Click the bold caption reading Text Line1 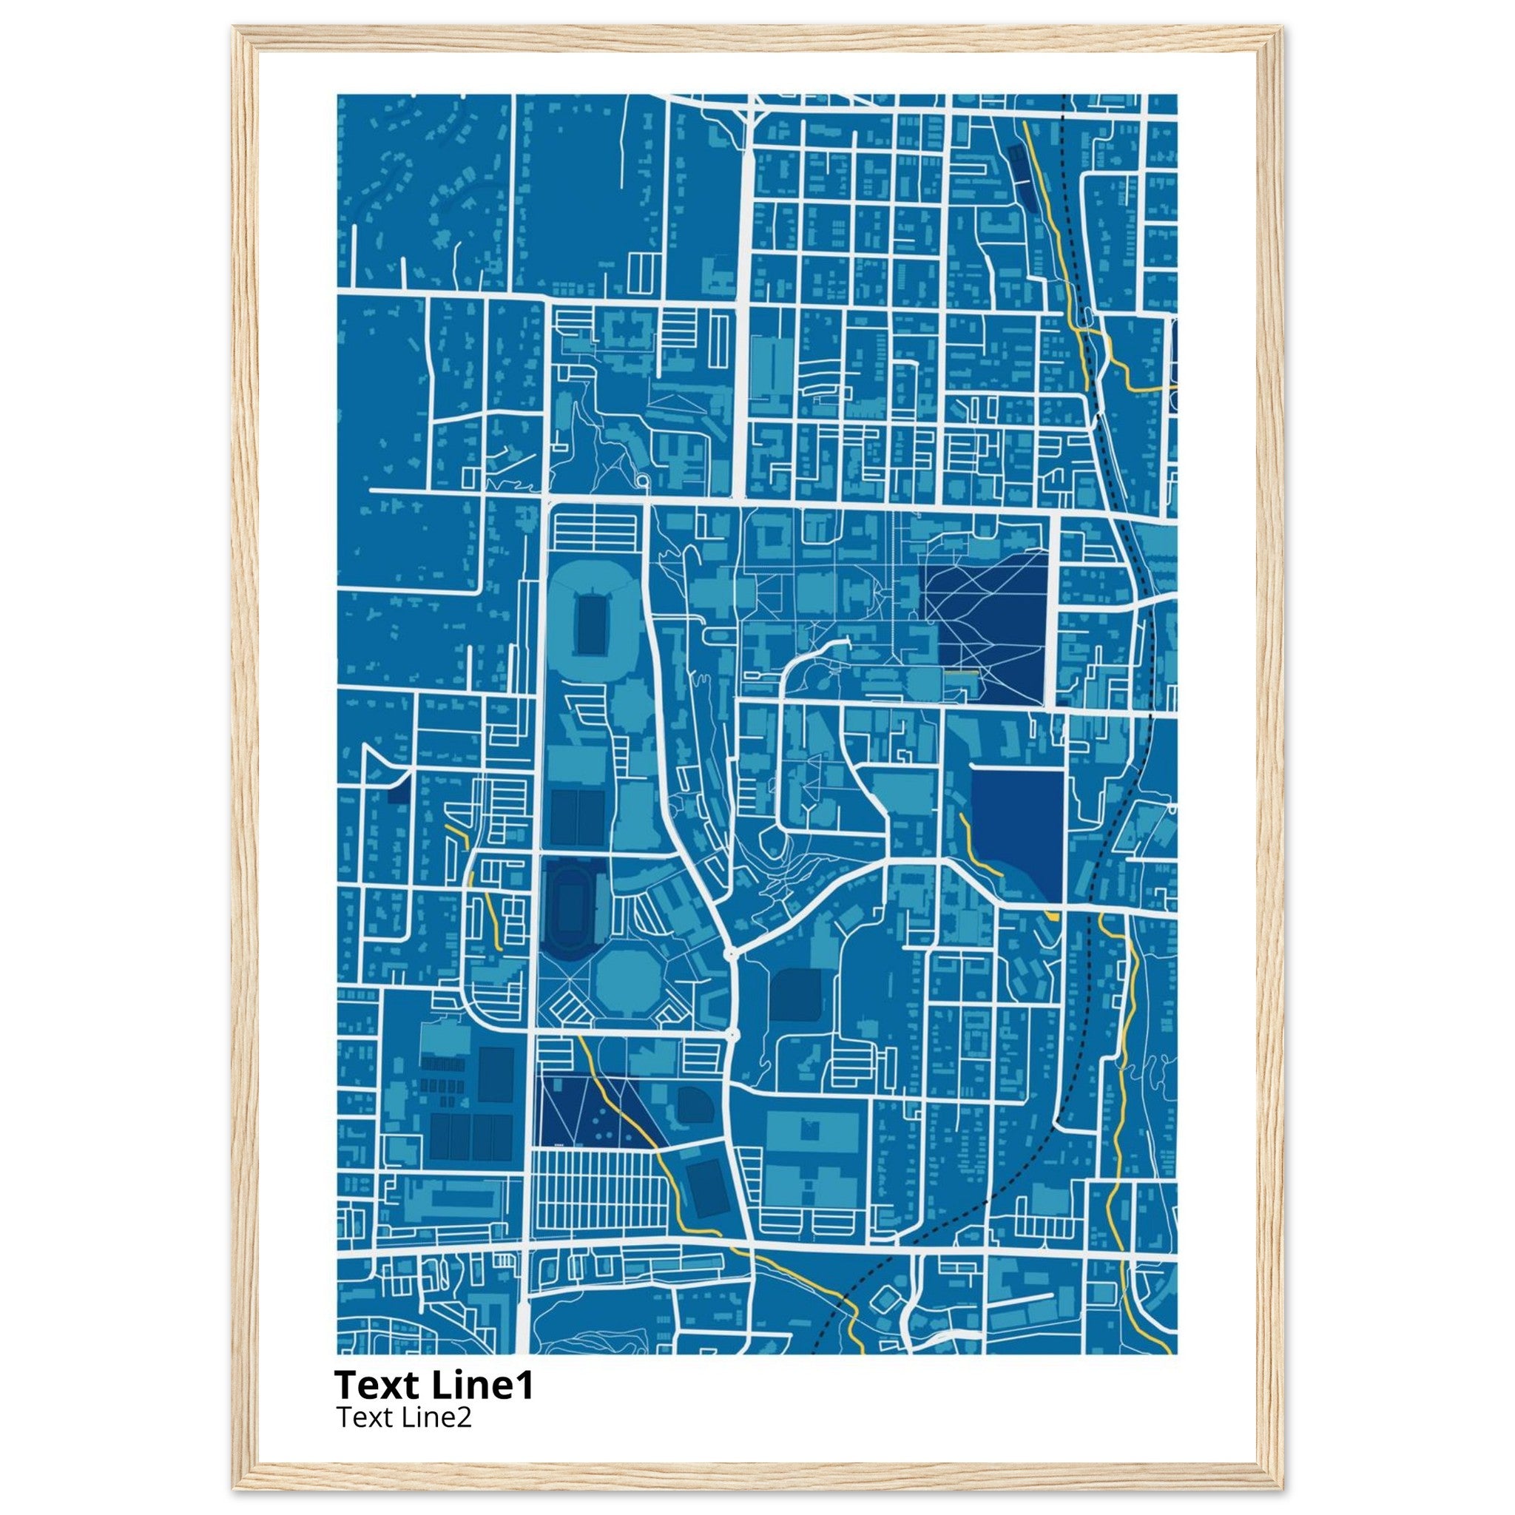433,1386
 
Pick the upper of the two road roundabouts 732,954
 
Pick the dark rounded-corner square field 794,994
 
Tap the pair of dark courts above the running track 577,817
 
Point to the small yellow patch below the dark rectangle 1052,915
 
